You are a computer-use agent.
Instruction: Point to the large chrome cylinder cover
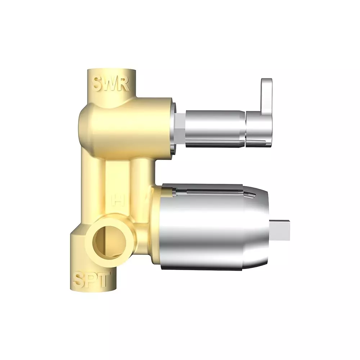point(216,230)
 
